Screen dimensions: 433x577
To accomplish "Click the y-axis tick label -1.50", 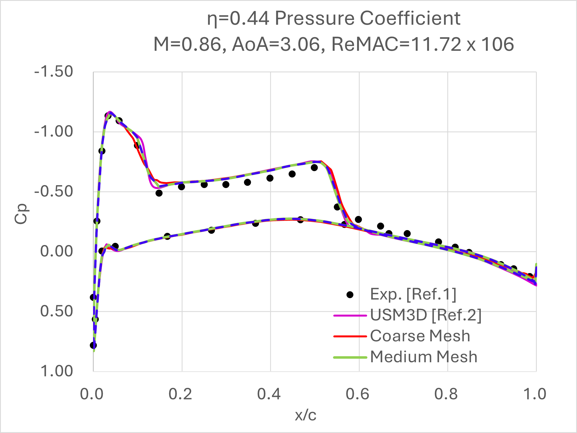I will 54,72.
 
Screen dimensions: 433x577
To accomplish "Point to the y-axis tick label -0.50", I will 54,192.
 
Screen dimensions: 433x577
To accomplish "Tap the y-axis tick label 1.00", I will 57,371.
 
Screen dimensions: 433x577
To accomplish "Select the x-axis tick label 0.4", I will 269,394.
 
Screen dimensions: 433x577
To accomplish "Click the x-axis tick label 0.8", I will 446,394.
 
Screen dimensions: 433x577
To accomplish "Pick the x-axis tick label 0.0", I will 92,394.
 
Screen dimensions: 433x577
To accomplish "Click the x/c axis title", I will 306,415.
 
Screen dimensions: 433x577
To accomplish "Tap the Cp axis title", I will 21,214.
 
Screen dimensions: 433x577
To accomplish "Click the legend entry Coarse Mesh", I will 420,336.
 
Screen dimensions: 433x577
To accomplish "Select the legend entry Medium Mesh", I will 423,357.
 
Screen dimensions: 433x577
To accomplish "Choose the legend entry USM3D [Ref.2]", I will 426,315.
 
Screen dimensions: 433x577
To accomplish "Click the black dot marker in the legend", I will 350,295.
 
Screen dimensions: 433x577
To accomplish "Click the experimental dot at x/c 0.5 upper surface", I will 314,168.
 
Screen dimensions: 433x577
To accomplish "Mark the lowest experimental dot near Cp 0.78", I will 93,345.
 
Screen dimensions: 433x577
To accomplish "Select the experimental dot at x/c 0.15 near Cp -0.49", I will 159,193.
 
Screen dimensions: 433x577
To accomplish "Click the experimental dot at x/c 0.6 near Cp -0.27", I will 358,220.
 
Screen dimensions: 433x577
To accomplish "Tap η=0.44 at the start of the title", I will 238,19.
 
